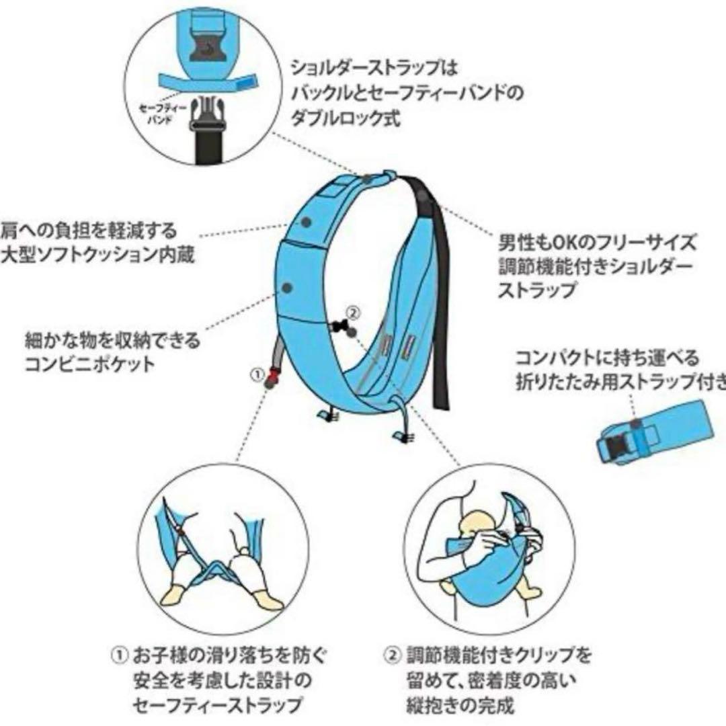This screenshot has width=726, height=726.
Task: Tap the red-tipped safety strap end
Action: coord(272,380)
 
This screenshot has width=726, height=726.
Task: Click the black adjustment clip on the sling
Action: coord(342,327)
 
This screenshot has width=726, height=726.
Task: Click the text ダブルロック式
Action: coord(345,118)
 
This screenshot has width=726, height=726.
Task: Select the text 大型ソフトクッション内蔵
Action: coord(97,256)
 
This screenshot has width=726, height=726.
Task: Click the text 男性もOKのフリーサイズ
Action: coord(597,242)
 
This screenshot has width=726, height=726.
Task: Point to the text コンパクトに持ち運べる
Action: coord(607,357)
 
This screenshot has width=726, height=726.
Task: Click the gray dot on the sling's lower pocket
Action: coord(287,287)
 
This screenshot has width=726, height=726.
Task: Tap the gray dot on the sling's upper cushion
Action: coord(306,221)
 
